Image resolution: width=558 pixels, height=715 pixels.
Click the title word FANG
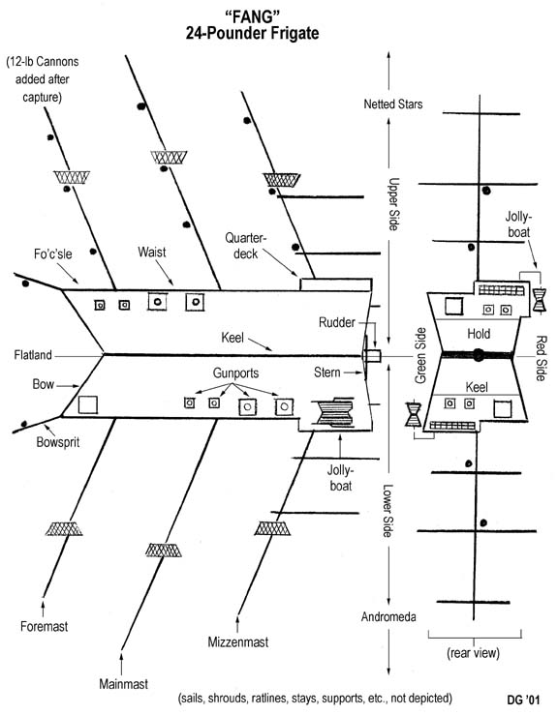(x=252, y=16)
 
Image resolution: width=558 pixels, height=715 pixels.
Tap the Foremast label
(x=44, y=626)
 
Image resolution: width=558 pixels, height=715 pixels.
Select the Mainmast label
(x=123, y=683)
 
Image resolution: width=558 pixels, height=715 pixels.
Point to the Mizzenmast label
(x=238, y=642)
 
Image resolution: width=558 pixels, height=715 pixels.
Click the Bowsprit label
(x=58, y=442)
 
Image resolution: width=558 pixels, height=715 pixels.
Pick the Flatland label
(x=33, y=355)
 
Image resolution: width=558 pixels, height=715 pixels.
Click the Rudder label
(x=337, y=322)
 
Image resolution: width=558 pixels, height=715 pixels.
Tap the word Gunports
(x=235, y=373)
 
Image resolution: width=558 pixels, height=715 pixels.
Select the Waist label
(x=151, y=252)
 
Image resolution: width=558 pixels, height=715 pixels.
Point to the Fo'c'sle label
(x=53, y=254)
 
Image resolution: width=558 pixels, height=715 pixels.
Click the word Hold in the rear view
(x=479, y=334)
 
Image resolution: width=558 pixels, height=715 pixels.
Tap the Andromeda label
(x=388, y=617)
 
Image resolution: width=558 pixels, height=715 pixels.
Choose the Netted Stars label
(x=392, y=104)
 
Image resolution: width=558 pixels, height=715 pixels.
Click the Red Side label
(x=542, y=358)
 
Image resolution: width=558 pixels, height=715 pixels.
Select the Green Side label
(x=420, y=356)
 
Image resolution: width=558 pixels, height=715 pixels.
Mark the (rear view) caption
(x=473, y=653)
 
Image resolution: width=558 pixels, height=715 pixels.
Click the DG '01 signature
(x=523, y=700)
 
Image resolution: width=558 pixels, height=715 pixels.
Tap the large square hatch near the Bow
(x=88, y=405)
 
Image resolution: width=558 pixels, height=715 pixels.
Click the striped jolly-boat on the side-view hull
(x=333, y=412)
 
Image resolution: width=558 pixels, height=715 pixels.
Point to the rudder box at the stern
(x=372, y=356)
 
